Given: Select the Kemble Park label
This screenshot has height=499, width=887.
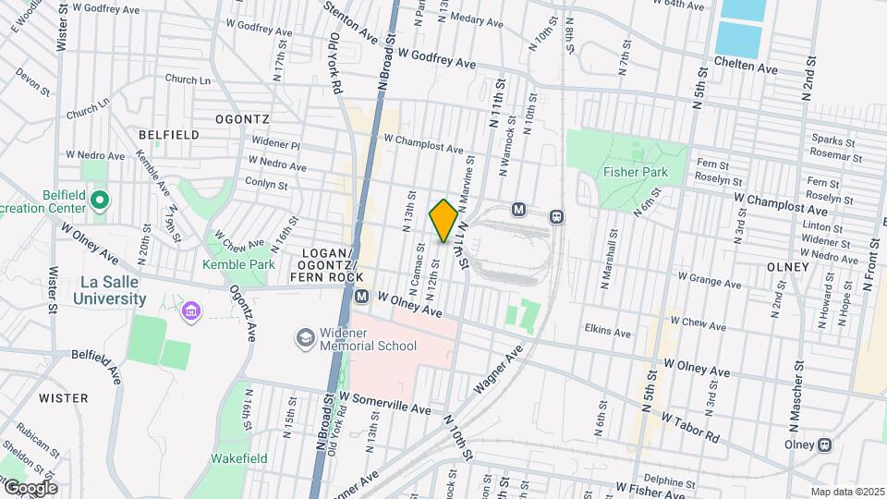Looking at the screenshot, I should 238,264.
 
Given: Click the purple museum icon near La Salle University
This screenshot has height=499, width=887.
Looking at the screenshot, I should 191,309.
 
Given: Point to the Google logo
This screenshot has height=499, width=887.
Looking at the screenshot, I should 30,487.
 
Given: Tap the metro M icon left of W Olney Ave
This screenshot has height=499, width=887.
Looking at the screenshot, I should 361,297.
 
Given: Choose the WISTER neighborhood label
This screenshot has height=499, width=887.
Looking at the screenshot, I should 64,398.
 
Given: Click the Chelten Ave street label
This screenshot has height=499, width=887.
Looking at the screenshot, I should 747,67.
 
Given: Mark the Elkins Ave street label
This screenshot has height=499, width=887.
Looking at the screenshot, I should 607,330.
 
